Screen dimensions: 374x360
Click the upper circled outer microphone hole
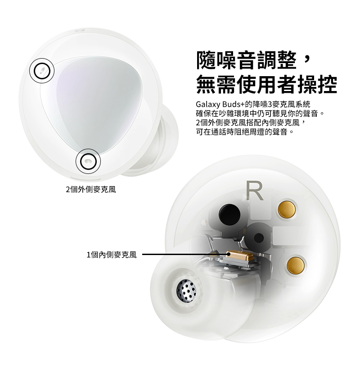point(42,71)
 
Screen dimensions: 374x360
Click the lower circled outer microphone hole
point(88,160)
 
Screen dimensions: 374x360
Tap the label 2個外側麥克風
point(90,190)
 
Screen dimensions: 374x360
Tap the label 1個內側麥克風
point(111,255)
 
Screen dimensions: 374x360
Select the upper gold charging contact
point(287,208)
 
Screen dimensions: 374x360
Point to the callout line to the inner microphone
point(184,255)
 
